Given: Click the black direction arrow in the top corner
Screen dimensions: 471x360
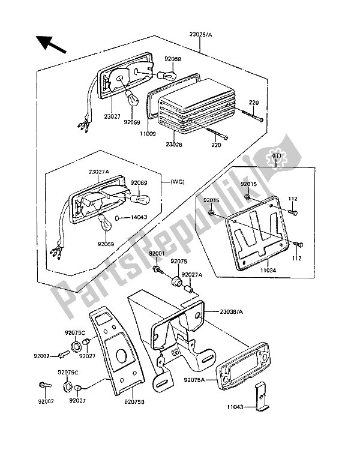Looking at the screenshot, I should [50, 44].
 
